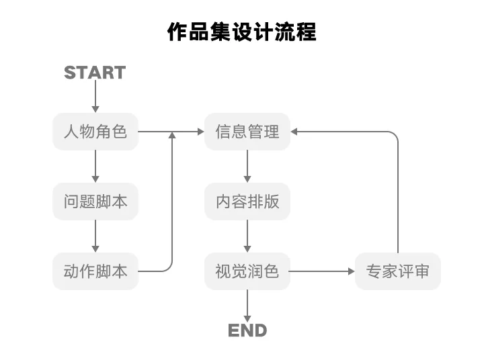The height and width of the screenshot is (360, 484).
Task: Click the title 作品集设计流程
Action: (x=241, y=32)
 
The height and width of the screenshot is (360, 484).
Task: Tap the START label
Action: (x=95, y=73)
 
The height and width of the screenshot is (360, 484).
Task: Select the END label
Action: (x=247, y=330)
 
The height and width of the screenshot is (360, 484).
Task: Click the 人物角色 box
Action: (x=95, y=132)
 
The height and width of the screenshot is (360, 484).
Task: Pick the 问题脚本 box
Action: (x=95, y=201)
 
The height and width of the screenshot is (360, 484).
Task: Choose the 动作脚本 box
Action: (x=95, y=271)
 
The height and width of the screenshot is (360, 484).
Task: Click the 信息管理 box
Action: (x=247, y=132)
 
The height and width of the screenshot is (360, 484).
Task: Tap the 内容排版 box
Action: (x=247, y=201)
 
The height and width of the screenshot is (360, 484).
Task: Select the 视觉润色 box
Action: (x=247, y=271)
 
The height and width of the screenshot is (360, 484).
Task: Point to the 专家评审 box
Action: (x=398, y=271)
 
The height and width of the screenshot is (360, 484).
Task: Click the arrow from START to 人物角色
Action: (x=95, y=98)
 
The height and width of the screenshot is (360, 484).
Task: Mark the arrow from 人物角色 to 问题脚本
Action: (x=95, y=166)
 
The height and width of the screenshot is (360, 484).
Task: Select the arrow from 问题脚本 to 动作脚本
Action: (x=95, y=236)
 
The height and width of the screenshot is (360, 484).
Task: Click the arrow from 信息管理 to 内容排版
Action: (x=247, y=166)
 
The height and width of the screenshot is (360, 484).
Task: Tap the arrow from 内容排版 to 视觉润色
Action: (x=247, y=236)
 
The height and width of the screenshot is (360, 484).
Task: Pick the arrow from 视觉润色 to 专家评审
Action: (x=322, y=271)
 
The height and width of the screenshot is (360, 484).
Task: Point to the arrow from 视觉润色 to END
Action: (x=247, y=306)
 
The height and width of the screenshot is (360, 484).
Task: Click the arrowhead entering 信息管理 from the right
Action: (x=295, y=132)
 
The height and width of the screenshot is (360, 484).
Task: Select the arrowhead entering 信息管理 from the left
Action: (x=200, y=132)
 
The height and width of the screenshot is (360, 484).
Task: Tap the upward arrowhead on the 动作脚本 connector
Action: (x=172, y=136)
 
